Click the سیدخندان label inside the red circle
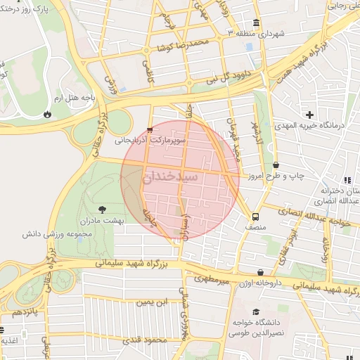click(x=180, y=178)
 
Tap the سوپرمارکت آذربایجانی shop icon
click(x=149, y=129)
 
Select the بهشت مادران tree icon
click(x=103, y=209)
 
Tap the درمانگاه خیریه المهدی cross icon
click(x=309, y=114)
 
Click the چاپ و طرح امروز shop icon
click(x=275, y=165)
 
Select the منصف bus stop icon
click(x=255, y=217)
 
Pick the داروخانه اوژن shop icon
click(x=261, y=272)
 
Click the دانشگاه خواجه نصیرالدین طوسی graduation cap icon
click(x=255, y=311)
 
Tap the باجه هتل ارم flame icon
click(x=46, y=112)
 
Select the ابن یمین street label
click(x=153, y=302)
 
